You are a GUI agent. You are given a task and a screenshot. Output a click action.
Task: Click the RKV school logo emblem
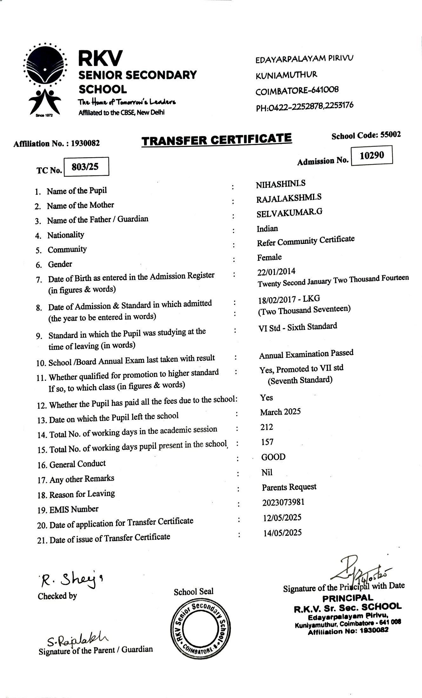[x=45, y=79]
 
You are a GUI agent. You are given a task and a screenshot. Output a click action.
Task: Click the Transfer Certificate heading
[x=217, y=140]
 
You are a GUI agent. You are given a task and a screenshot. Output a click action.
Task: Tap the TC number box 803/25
[x=86, y=167]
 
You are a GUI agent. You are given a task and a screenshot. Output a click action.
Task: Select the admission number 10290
[x=372, y=155]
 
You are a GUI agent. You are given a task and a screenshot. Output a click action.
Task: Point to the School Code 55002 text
[x=366, y=135]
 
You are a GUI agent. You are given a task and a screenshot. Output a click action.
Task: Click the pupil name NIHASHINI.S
[x=281, y=184]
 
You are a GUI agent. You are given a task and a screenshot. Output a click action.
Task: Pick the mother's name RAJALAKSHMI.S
[x=289, y=198]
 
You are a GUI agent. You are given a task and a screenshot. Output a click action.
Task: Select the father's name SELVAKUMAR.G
[x=289, y=213]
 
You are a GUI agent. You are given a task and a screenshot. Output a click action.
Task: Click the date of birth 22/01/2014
[x=276, y=272]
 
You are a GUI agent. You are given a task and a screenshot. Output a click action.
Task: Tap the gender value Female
[x=269, y=257]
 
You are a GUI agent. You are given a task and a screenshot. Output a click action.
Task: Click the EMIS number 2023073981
[x=283, y=503]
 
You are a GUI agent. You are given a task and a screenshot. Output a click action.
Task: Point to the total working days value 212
[x=267, y=427]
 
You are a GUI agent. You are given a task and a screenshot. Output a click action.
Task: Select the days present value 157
[x=267, y=442]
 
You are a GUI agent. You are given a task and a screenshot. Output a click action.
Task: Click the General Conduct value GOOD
[x=273, y=457]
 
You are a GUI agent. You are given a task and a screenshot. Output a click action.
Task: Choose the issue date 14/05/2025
[x=282, y=533]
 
